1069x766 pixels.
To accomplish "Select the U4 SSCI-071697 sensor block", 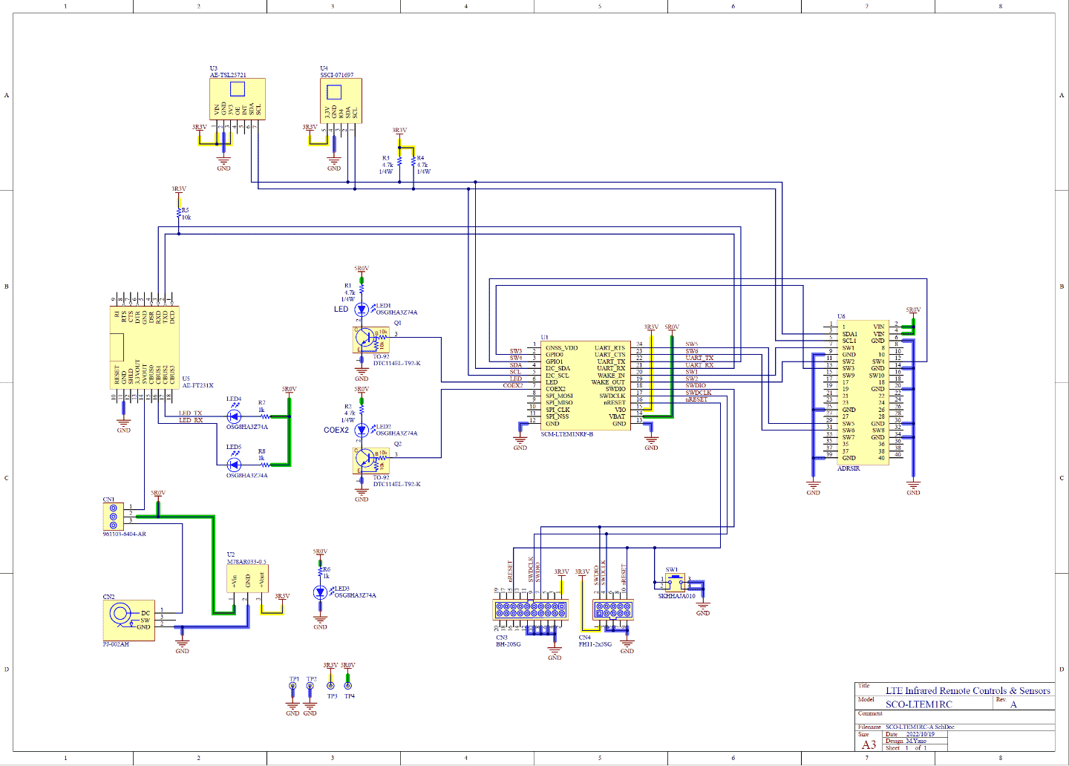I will pyautogui.click(x=341, y=101).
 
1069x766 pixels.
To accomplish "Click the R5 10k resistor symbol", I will pyautogui.click(x=179, y=215).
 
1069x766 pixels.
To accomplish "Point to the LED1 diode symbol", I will pyautogui.click(x=362, y=309).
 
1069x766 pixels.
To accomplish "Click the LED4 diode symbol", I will pyautogui.click(x=234, y=417).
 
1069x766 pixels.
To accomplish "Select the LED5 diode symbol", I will pyautogui.click(x=234, y=465).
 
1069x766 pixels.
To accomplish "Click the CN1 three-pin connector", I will pyautogui.click(x=113, y=516).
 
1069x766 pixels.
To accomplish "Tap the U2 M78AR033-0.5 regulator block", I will pyautogui.click(x=247, y=579).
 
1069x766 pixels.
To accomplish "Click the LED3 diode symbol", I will pyautogui.click(x=320, y=592).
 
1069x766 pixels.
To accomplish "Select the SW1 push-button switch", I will pyautogui.click(x=674, y=581).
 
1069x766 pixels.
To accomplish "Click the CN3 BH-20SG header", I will pyautogui.click(x=530, y=610).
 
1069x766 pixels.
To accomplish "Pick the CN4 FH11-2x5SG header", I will pyautogui.click(x=612, y=610).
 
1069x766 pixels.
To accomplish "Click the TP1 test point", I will pyautogui.click(x=292, y=687).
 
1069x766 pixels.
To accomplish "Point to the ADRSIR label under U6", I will pyautogui.click(x=849, y=469).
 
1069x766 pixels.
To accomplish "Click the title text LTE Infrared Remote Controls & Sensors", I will pyautogui.click(x=967, y=691).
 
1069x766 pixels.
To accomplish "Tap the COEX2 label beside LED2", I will pyautogui.click(x=336, y=431).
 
